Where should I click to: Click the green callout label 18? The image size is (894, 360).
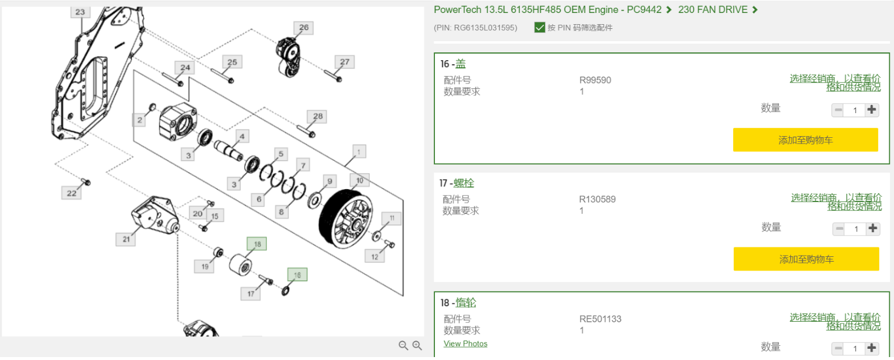(x=256, y=244)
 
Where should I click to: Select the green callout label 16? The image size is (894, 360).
(x=297, y=275)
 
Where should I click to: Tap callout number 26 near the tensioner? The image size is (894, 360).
(x=304, y=28)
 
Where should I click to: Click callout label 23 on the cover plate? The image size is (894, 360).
(x=80, y=12)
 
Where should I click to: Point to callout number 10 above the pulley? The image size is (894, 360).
(x=359, y=180)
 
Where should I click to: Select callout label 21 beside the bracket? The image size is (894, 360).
(x=126, y=239)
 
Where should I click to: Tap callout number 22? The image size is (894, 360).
(x=71, y=193)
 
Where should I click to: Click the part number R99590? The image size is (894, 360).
(x=595, y=80)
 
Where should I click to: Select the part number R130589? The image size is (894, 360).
(x=597, y=199)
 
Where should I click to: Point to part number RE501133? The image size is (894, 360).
(x=600, y=319)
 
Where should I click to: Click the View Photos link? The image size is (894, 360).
(x=465, y=344)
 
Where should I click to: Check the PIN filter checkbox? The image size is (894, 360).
(x=539, y=27)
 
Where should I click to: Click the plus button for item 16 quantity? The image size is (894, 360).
(x=872, y=110)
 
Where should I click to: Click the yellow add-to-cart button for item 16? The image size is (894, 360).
(x=805, y=140)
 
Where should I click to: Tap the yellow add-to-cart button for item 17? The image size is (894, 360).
(x=806, y=259)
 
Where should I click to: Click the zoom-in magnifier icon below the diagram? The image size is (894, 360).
(x=417, y=346)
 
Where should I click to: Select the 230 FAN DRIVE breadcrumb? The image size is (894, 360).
(x=712, y=9)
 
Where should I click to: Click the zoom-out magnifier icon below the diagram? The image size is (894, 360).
(x=403, y=346)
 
